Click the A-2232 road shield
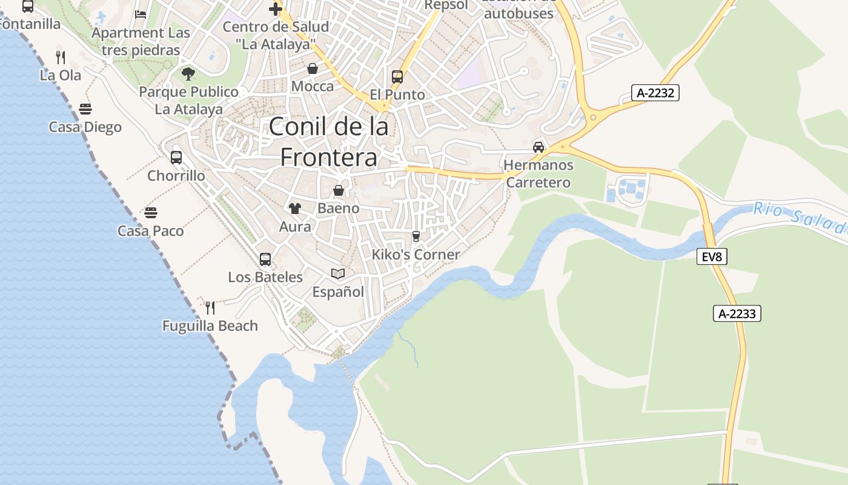click(x=656, y=93)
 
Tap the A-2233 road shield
click(x=737, y=313)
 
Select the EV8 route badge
click(x=712, y=257)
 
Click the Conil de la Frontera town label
click(x=329, y=142)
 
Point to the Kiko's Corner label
click(x=416, y=255)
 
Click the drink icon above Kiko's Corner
click(x=416, y=236)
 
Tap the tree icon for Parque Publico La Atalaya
click(x=188, y=74)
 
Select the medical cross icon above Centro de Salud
click(x=276, y=8)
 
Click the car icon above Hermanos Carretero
click(x=538, y=147)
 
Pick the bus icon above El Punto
click(x=397, y=77)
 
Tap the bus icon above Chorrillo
click(x=176, y=158)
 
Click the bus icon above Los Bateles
click(x=265, y=259)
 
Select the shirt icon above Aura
click(x=295, y=209)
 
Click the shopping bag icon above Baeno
click(x=339, y=190)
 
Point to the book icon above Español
click(x=338, y=274)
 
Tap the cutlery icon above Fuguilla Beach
click(x=210, y=308)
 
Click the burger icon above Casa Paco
click(x=151, y=213)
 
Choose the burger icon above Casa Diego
click(x=85, y=109)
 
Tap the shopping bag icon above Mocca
click(x=313, y=69)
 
